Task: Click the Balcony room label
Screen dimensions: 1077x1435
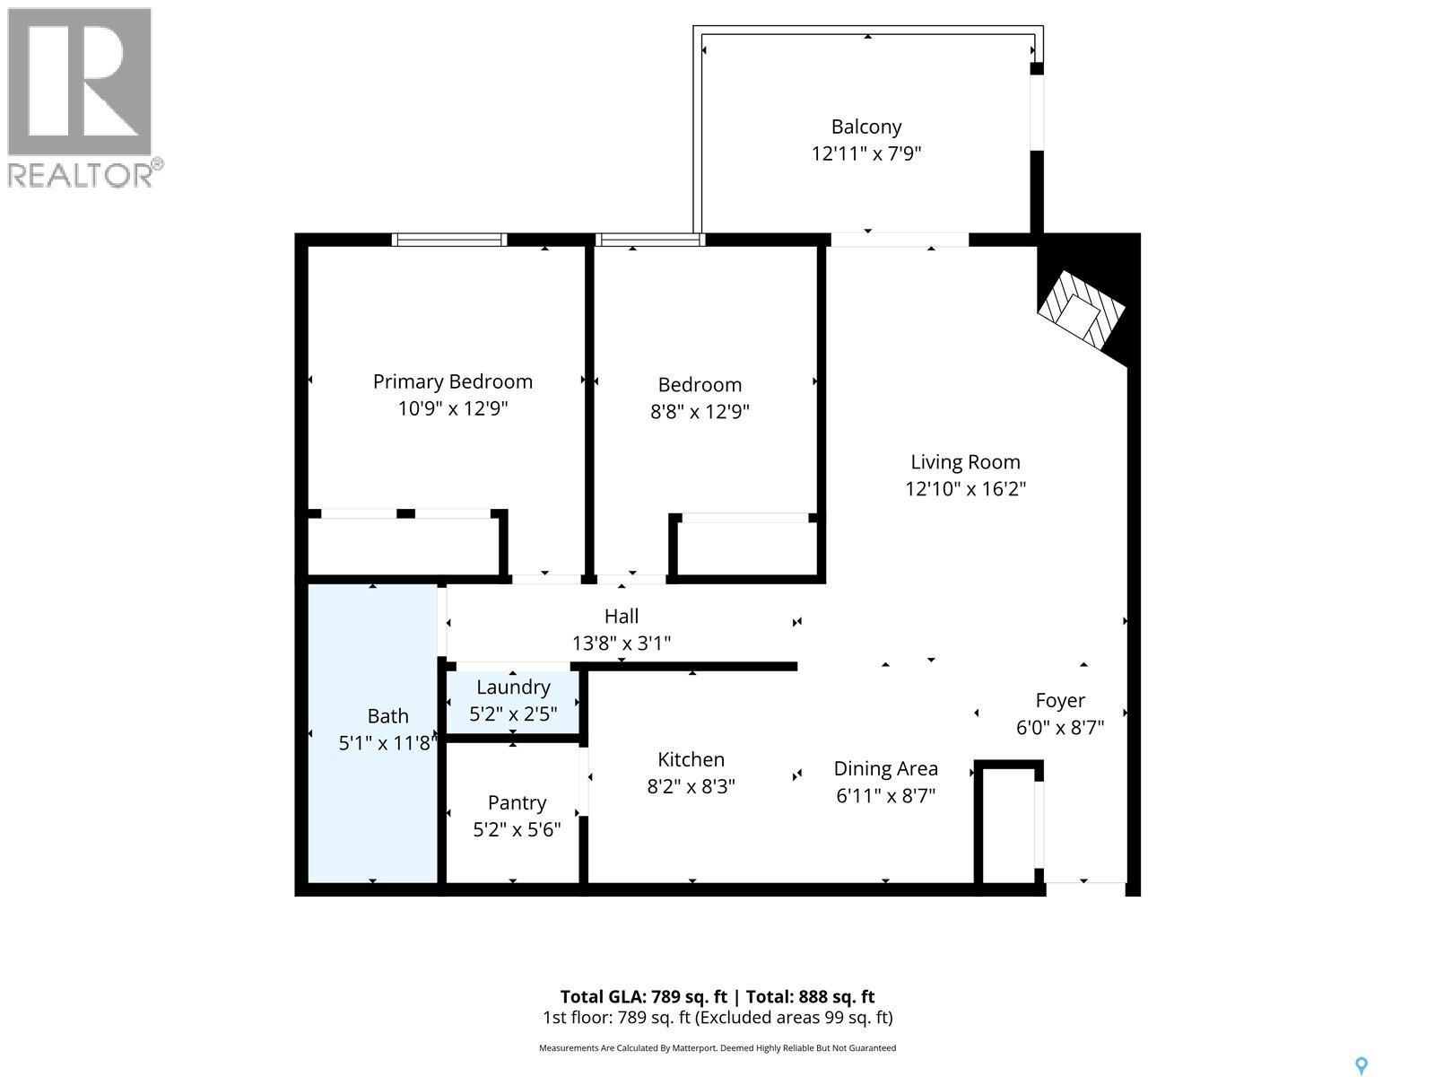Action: click(865, 127)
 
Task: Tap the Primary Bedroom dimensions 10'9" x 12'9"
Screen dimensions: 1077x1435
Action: click(453, 408)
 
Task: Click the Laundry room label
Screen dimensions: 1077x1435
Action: click(513, 687)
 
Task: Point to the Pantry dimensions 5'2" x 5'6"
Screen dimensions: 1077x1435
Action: click(517, 829)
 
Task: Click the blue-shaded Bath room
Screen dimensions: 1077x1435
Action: click(373, 790)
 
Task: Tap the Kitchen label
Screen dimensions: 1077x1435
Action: click(691, 759)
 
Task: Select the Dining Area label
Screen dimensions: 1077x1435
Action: click(885, 768)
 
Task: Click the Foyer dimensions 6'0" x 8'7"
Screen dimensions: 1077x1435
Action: click(1059, 727)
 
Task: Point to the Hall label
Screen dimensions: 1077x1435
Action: click(621, 616)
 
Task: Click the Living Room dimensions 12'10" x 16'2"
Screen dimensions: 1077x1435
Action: click(965, 489)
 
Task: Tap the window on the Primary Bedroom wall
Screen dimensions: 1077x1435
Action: click(449, 240)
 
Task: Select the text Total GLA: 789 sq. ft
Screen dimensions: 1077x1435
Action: click(642, 996)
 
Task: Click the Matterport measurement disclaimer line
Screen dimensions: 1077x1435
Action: click(717, 1048)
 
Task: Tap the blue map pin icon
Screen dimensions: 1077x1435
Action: click(1361, 1065)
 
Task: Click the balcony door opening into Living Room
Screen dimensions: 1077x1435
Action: click(899, 240)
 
